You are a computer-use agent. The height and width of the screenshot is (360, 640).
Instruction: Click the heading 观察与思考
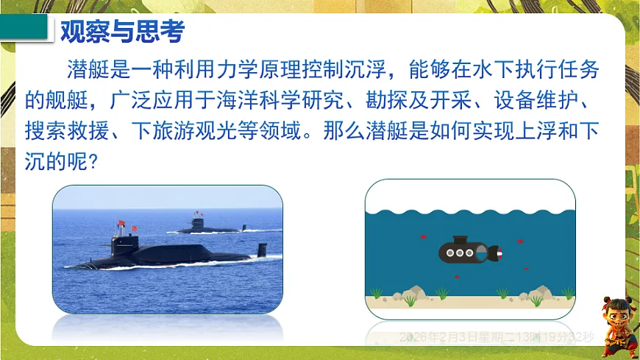[121, 33]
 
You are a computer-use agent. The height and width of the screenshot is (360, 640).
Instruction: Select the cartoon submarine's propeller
[500, 254]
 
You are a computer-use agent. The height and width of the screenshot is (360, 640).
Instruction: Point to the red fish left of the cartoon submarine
[423, 236]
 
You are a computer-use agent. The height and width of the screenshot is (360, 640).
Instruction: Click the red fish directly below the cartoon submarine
[456, 277]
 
